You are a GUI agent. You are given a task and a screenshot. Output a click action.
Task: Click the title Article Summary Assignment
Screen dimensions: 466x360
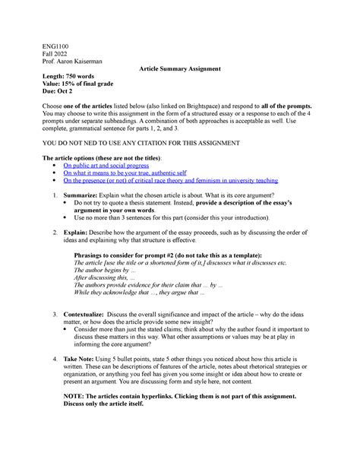coord(180,69)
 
